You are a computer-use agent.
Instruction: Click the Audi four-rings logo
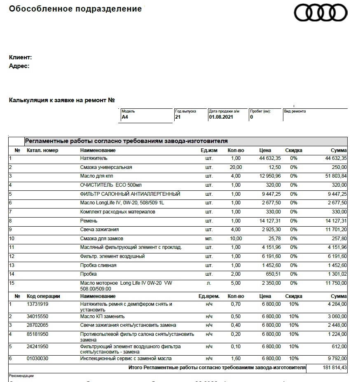click(320, 12)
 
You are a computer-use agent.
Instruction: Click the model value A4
click(125, 117)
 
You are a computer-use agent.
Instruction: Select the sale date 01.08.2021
click(221, 117)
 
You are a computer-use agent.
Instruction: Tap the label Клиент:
click(20, 58)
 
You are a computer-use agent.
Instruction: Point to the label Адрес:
click(19, 66)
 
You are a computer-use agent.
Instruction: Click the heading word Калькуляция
click(28, 100)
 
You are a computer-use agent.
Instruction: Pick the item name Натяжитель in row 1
click(94, 158)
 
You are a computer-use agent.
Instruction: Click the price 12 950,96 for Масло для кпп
click(270, 176)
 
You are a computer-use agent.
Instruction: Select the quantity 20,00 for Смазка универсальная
click(236, 167)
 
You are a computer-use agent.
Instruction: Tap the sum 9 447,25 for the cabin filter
click(336, 194)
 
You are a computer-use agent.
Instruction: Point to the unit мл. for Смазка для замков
click(209, 239)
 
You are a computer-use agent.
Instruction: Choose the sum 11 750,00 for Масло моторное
click(336, 283)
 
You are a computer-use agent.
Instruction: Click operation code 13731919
click(37, 304)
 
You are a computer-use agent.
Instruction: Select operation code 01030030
click(37, 359)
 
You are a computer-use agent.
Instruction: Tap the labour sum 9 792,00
click(337, 359)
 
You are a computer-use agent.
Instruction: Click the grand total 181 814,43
click(333, 367)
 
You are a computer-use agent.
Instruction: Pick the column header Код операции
click(43, 296)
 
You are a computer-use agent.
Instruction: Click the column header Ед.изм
click(209, 150)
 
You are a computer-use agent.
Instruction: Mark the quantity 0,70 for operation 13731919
click(236, 304)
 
